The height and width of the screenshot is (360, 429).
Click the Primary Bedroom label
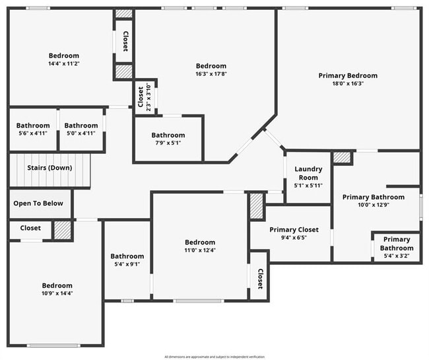click(x=348, y=76)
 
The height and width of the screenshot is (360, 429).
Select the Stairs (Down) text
click(x=49, y=168)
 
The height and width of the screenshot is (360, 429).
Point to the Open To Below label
click(x=38, y=203)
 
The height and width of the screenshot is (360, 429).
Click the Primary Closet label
click(x=294, y=230)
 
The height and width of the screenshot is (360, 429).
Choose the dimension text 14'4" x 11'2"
click(x=63, y=64)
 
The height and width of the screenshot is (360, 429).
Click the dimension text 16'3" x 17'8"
click(x=211, y=74)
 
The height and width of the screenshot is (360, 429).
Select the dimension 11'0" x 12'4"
click(x=199, y=250)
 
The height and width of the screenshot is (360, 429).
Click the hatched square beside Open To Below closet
click(x=62, y=229)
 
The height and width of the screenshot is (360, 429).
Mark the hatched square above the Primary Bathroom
click(x=342, y=158)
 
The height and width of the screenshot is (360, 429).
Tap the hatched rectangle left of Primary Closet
click(x=256, y=206)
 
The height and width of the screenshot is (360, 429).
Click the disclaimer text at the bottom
click(x=214, y=357)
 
